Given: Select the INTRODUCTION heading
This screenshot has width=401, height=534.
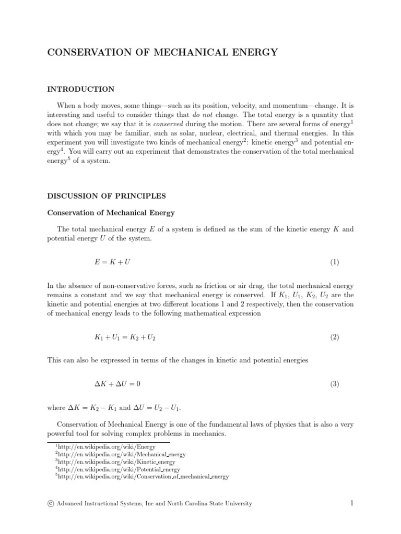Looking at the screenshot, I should [x=81, y=89].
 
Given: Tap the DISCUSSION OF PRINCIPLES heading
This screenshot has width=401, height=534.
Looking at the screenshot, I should [x=107, y=196].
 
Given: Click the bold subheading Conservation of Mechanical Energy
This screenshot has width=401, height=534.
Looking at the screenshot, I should [x=111, y=213].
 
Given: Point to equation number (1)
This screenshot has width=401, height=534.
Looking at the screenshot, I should [x=334, y=262].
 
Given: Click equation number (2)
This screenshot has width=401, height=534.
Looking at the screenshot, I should [x=334, y=337].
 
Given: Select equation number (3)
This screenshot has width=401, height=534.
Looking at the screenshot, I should [x=334, y=384].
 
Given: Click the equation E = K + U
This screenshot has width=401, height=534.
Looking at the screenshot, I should [x=112, y=262].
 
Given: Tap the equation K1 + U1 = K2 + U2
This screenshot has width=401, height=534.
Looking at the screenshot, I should [x=125, y=337].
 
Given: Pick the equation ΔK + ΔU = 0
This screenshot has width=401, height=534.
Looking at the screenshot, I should [x=117, y=384].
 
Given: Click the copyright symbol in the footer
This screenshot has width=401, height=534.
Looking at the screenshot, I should [x=51, y=503].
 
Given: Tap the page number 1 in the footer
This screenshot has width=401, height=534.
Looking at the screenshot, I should [x=352, y=503].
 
